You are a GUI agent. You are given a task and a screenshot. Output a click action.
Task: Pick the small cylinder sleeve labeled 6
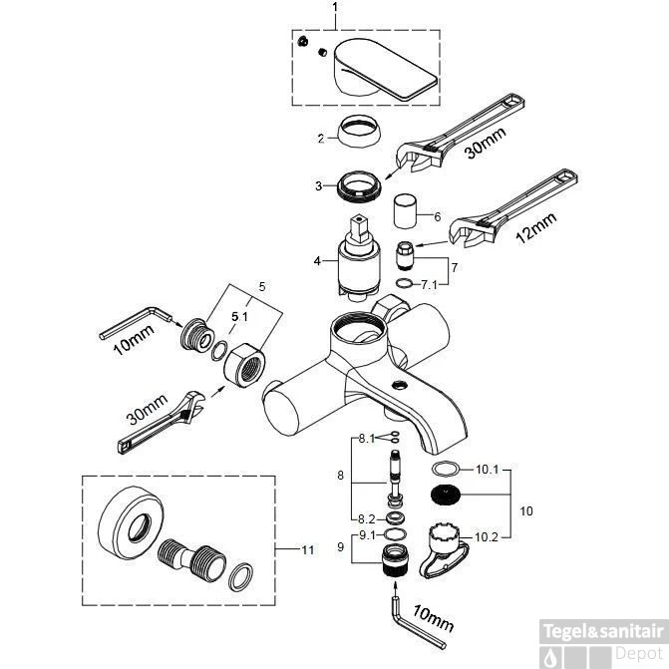click(x=405, y=211)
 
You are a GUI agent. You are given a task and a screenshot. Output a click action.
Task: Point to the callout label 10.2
click(x=487, y=536)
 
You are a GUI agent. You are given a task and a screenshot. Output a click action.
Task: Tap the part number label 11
click(x=307, y=548)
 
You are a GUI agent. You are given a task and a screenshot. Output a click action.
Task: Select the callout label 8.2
click(x=366, y=517)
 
